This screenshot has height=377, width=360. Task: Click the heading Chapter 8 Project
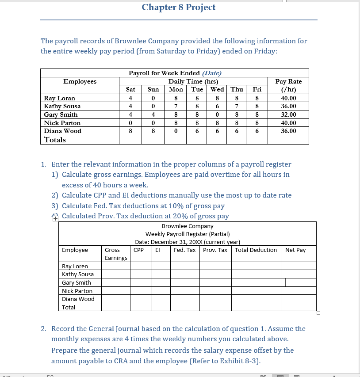tap(179, 8)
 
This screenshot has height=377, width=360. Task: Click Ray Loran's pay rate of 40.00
tap(288, 98)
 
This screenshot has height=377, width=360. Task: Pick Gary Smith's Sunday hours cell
tap(153, 114)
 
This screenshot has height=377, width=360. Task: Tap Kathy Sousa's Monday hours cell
tap(176, 107)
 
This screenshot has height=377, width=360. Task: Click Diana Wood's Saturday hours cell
tap(130, 131)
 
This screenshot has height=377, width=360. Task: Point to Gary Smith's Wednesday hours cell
tap(218, 114)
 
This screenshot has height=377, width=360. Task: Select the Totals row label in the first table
tap(55, 140)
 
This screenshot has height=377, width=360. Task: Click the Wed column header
tap(217, 89)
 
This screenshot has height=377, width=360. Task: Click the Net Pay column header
tap(295, 250)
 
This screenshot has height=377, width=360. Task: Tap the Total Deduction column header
tap(256, 250)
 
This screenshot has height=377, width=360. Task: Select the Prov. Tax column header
tap(215, 250)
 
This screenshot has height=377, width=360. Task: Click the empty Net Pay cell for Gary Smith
tap(299, 282)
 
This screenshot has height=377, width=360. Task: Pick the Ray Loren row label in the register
tap(75, 266)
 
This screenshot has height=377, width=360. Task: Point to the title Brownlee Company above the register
tap(188, 226)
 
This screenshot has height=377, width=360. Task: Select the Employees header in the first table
tap(80, 81)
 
